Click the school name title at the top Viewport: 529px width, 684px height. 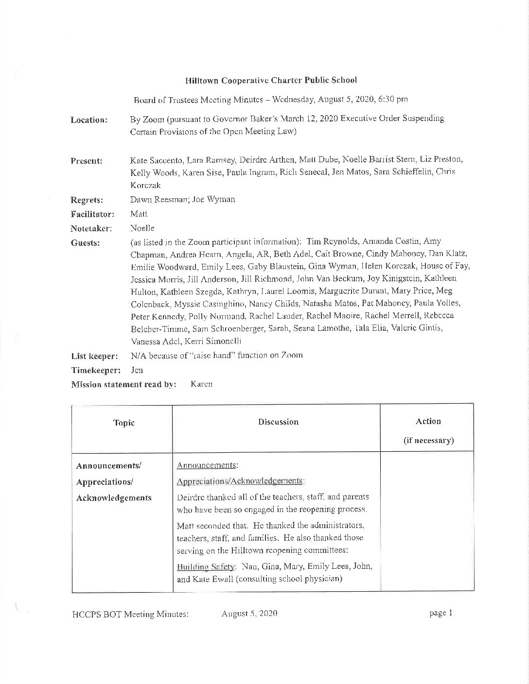(x=271, y=80)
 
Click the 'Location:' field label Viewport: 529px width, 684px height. (x=89, y=120)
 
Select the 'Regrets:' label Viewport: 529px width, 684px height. (x=87, y=200)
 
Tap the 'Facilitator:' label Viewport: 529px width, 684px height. (x=92, y=214)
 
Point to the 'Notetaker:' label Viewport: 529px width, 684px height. (x=91, y=228)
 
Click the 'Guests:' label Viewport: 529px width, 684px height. (x=85, y=243)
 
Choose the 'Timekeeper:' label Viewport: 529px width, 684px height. (x=95, y=370)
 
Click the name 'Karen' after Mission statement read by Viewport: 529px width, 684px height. (x=201, y=384)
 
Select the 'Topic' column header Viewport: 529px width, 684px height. (x=123, y=423)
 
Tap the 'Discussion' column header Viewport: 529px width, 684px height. (x=278, y=422)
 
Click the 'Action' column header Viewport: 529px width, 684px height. (x=428, y=421)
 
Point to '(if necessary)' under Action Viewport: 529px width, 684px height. (x=428, y=441)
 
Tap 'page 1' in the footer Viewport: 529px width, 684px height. (x=441, y=613)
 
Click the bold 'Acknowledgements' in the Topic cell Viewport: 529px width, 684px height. (x=114, y=498)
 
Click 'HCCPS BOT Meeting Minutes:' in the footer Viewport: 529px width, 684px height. (x=130, y=614)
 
